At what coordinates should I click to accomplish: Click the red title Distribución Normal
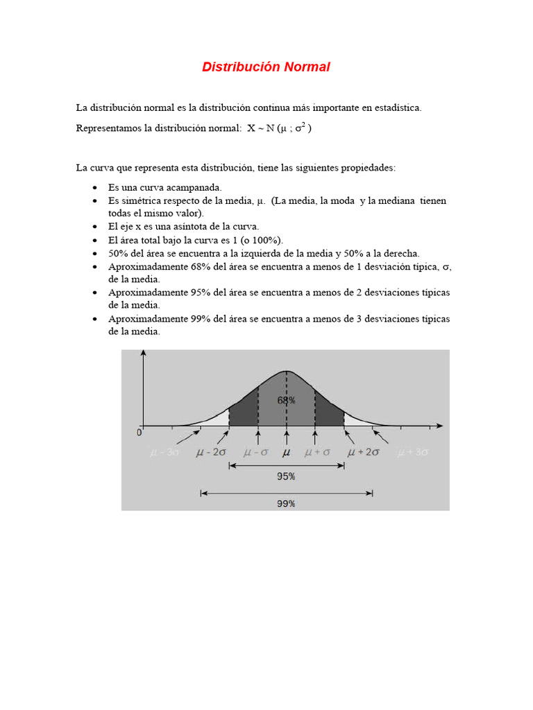click(266, 67)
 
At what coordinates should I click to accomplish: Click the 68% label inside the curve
click(286, 400)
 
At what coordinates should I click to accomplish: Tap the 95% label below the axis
click(286, 476)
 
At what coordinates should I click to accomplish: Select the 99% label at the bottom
click(286, 504)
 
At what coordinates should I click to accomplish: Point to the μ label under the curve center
click(286, 452)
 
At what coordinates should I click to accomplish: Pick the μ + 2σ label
click(364, 452)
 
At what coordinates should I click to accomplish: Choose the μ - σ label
click(255, 452)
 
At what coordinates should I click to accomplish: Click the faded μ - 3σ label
click(164, 453)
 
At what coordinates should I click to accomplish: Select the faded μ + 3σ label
click(413, 453)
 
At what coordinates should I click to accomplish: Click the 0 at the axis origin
click(139, 433)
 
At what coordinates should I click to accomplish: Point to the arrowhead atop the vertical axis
click(143, 354)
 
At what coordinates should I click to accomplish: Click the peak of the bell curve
click(286, 371)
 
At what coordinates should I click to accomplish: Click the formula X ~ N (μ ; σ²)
click(280, 128)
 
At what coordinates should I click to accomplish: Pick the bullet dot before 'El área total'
click(94, 240)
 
